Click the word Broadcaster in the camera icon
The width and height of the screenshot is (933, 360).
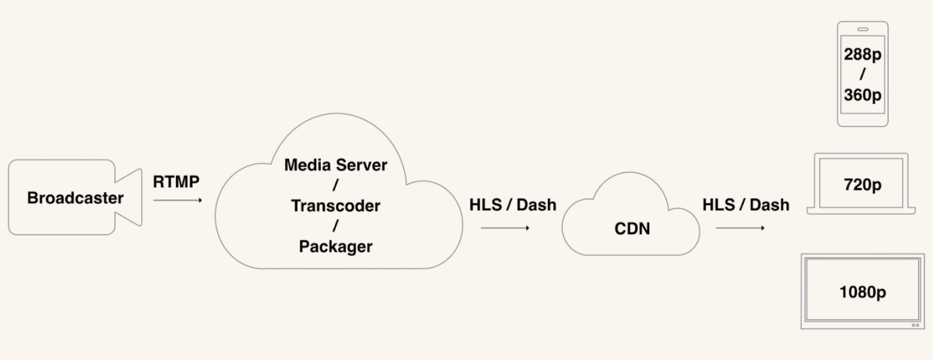tap(75, 198)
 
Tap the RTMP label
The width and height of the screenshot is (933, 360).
tap(176, 182)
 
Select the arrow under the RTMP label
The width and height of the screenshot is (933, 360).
tap(177, 201)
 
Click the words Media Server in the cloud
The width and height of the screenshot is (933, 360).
tap(335, 165)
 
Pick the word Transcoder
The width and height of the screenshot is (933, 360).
tap(335, 206)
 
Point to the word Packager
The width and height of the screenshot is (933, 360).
tap(335, 247)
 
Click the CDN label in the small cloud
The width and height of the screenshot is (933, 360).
tap(633, 229)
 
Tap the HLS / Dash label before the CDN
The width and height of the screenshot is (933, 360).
tap(513, 205)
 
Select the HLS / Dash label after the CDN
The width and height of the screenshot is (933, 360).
tap(746, 205)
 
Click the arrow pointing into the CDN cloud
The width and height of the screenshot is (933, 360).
tap(505, 228)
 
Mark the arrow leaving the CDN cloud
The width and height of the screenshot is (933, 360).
tap(740, 228)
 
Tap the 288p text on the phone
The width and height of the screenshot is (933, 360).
tap(863, 54)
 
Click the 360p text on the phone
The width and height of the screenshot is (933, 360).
tap(863, 95)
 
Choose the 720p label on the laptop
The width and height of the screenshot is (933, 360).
tap(863, 185)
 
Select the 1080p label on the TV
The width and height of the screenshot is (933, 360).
tap(863, 292)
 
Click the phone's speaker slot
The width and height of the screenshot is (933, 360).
tap(863, 30)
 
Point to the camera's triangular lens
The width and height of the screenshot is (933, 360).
tap(129, 197)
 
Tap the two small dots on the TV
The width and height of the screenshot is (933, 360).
tap(916, 326)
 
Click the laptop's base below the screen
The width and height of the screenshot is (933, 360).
tap(862, 211)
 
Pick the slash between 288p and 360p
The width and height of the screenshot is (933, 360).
tap(863, 75)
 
